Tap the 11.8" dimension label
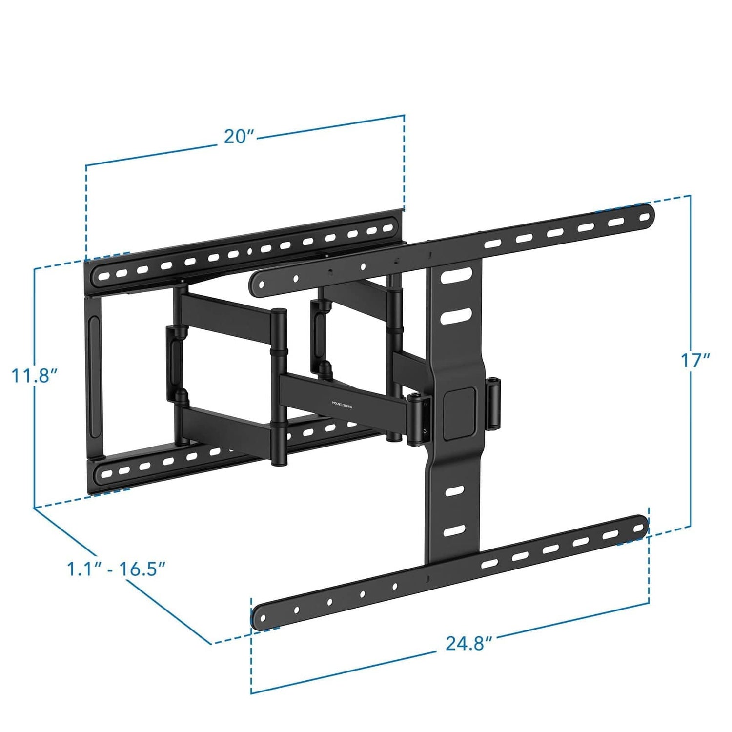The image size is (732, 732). (35, 375)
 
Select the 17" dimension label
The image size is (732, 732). (695, 361)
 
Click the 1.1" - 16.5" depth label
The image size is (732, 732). (116, 569)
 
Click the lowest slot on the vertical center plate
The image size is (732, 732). (455, 530)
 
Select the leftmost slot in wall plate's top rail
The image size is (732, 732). (104, 276)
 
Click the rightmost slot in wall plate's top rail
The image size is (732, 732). (388, 228)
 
